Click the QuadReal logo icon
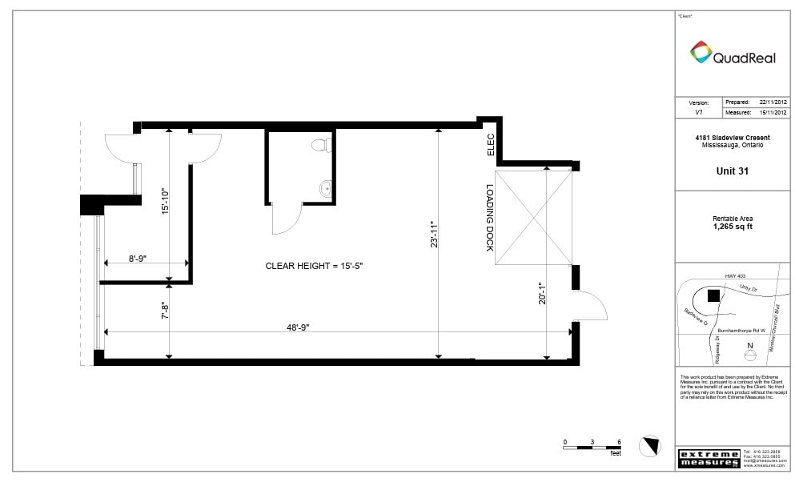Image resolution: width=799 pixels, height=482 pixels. pyautogui.click(x=701, y=53)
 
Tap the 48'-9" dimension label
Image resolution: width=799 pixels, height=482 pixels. pyautogui.click(x=299, y=327)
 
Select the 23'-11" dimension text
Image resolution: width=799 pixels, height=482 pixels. pyautogui.click(x=433, y=234)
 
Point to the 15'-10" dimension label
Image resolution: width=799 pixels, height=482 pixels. pyautogui.click(x=165, y=201)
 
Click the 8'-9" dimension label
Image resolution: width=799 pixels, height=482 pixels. pyautogui.click(x=136, y=258)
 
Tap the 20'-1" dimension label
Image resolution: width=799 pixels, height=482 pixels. pyautogui.click(x=542, y=294)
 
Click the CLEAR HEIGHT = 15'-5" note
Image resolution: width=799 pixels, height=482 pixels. pyautogui.click(x=319, y=265)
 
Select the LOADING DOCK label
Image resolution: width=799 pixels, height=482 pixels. pyautogui.click(x=489, y=219)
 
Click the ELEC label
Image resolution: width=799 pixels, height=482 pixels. pyautogui.click(x=490, y=144)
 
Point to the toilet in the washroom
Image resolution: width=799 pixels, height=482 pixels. pyautogui.click(x=320, y=145)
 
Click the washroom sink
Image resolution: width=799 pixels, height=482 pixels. pyautogui.click(x=323, y=190)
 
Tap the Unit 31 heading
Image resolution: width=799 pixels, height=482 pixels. pyautogui.click(x=732, y=171)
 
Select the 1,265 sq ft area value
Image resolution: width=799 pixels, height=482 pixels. pyautogui.click(x=732, y=227)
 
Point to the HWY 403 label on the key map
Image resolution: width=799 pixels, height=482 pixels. pyautogui.click(x=734, y=276)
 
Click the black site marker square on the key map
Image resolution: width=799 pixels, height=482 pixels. pyautogui.click(x=713, y=295)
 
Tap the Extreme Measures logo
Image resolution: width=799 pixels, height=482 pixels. pyautogui.click(x=708, y=459)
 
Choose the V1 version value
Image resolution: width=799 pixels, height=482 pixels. pyautogui.click(x=698, y=114)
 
